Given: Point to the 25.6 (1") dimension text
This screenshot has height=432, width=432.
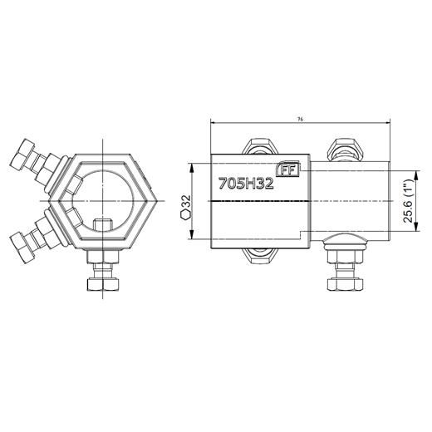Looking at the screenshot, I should point(407,203).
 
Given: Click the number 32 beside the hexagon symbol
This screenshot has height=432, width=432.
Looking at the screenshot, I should point(186,203).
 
